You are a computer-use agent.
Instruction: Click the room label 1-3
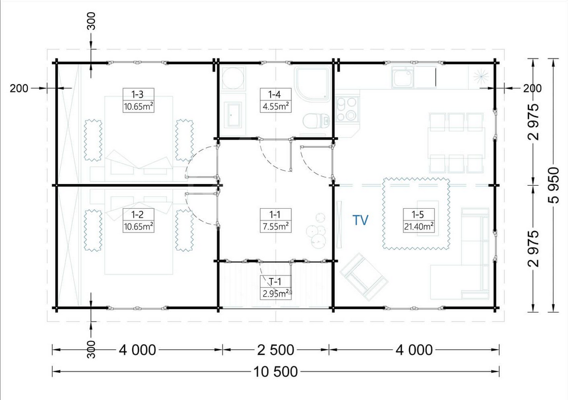(x=137, y=95)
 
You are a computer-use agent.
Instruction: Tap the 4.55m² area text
(x=276, y=107)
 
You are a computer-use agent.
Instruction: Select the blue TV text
(x=360, y=220)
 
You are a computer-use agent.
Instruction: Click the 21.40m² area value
(x=419, y=226)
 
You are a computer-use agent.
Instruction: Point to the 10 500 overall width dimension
(x=276, y=372)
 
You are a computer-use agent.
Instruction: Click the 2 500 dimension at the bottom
(x=276, y=350)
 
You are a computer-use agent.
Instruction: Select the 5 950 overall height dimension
(x=553, y=185)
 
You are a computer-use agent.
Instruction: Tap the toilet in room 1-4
(x=316, y=121)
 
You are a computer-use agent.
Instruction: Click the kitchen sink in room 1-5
(x=402, y=77)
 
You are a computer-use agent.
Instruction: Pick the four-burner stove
(x=346, y=109)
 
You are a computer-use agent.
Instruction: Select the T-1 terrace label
(x=275, y=281)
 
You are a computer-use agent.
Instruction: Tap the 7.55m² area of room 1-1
(x=276, y=226)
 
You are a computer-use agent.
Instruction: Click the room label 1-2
(x=137, y=214)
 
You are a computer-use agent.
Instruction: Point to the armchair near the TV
(x=363, y=277)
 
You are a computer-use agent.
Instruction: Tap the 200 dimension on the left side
(x=19, y=88)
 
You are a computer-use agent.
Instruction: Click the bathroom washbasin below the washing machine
(x=232, y=114)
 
